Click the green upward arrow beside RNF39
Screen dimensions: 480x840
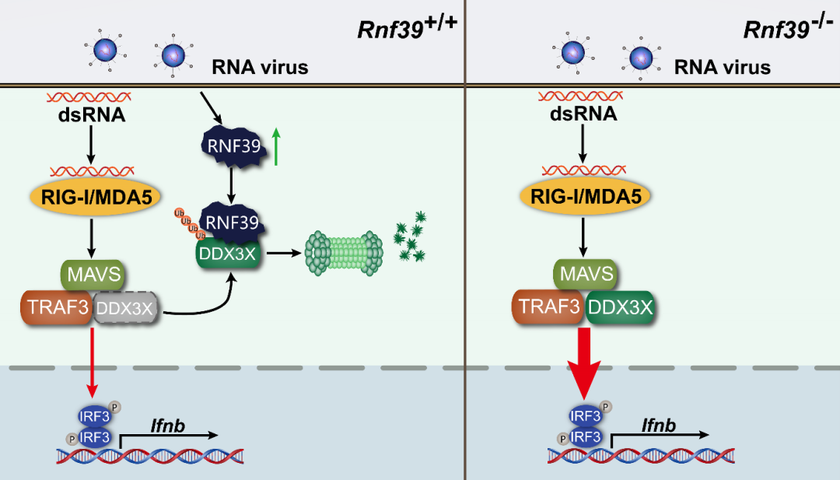tap(277, 146)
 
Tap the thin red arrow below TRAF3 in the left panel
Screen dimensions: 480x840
tap(93, 359)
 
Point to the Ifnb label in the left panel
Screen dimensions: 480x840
tap(166, 425)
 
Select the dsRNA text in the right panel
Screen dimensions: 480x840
tap(584, 115)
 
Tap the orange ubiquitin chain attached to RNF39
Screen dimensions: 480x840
tap(189, 226)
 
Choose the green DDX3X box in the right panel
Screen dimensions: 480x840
tap(618, 308)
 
